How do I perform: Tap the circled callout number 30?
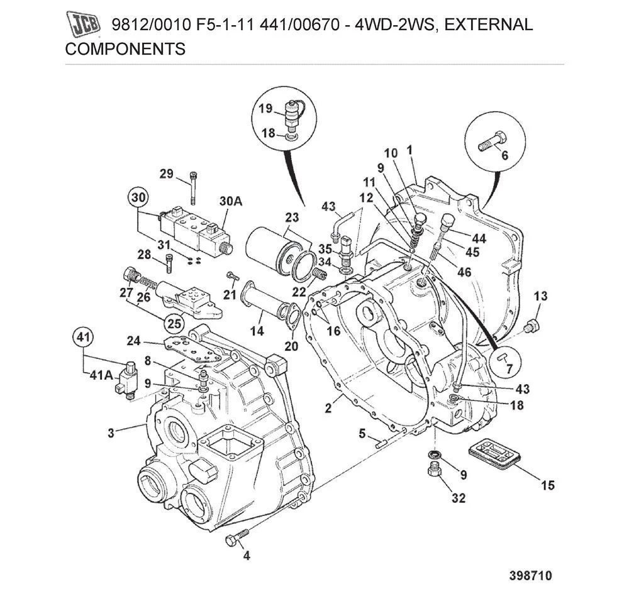click(x=140, y=197)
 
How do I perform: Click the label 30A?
click(x=231, y=201)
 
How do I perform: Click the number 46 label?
click(x=464, y=272)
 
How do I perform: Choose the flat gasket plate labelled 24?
click(x=189, y=348)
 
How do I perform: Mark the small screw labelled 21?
click(x=232, y=275)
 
